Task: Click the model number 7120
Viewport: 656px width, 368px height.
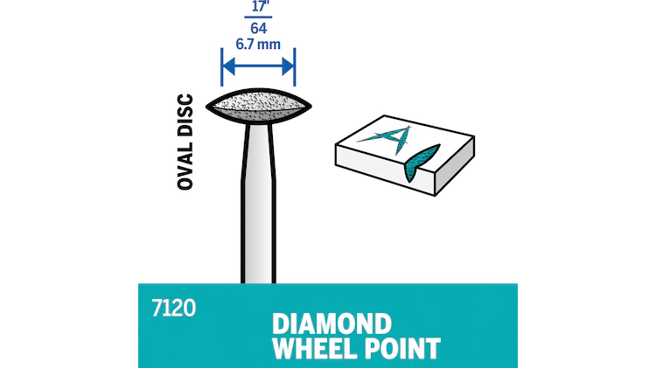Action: tap(174, 309)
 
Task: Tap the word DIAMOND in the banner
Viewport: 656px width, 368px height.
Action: tap(331, 323)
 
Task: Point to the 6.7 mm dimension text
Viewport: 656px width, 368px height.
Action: tap(258, 44)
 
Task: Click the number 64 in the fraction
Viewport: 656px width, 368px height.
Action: tap(259, 28)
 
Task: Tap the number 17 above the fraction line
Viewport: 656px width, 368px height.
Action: tap(259, 6)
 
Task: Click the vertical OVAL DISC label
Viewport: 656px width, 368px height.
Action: tap(185, 142)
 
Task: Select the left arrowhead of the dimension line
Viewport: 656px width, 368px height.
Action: tap(228, 66)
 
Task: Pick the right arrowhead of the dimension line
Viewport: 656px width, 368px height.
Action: tap(289, 66)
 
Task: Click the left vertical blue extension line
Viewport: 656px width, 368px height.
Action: tap(222, 67)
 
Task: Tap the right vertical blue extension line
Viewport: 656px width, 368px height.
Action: tap(295, 67)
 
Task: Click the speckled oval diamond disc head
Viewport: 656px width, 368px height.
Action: tap(259, 107)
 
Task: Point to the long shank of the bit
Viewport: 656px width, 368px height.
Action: tap(258, 204)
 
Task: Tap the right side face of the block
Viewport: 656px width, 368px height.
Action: tap(455, 165)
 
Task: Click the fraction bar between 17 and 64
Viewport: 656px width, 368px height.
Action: tap(258, 17)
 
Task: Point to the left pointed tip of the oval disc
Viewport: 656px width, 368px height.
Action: tap(206, 107)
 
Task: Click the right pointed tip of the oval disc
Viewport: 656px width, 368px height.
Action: tap(311, 107)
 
